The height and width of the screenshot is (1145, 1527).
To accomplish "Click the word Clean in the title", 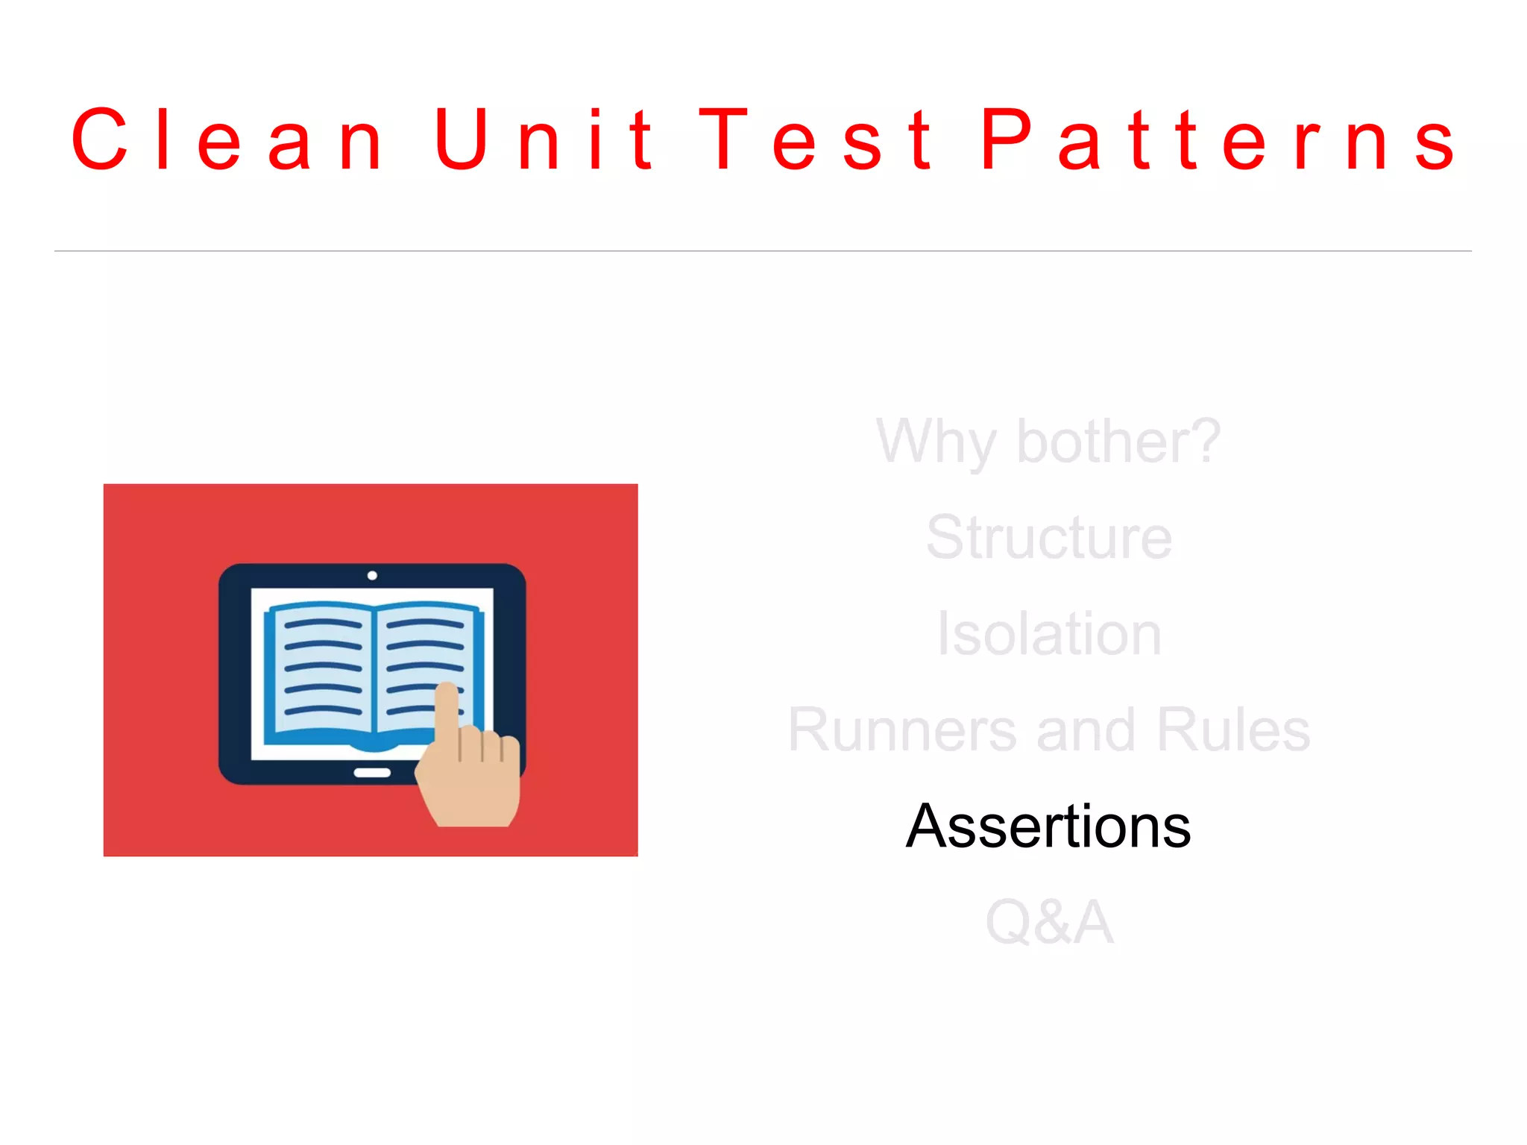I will (x=227, y=139).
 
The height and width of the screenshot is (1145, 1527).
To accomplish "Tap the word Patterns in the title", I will (x=1218, y=139).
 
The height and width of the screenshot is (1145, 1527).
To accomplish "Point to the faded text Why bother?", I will (x=1048, y=442).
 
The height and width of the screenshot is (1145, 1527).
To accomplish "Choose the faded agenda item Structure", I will (x=1048, y=537).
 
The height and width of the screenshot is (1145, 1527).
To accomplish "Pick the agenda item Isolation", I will (x=1048, y=633).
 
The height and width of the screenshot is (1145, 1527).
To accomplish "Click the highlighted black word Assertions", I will (x=1048, y=826).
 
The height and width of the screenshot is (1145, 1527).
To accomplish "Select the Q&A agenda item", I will (x=1048, y=922).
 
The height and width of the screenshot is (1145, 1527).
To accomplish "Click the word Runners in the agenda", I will (x=902, y=730).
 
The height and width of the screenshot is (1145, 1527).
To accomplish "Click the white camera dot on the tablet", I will (x=372, y=575).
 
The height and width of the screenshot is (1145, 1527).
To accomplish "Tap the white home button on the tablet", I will (x=372, y=773).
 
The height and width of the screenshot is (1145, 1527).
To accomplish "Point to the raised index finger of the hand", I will (x=447, y=709).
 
